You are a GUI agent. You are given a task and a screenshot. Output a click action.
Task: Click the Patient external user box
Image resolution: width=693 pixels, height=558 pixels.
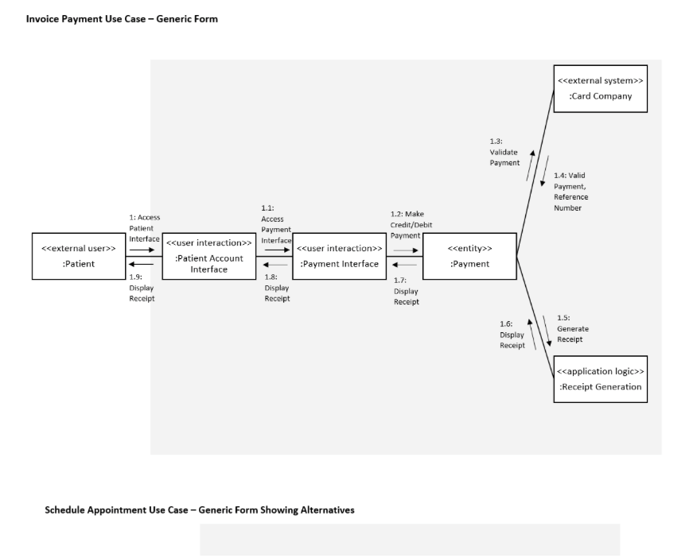tap(78, 256)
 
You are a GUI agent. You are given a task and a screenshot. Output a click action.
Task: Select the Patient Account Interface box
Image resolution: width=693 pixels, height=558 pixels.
tap(208, 256)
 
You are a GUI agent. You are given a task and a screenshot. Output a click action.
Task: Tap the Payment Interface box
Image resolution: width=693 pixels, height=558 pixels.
tap(339, 256)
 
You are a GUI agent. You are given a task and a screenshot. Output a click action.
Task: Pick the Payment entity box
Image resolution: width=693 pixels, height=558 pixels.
tap(469, 256)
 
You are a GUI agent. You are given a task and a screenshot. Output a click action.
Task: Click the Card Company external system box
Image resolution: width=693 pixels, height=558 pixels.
tap(600, 88)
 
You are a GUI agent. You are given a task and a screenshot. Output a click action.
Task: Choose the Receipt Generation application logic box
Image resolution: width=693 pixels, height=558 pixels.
tap(600, 379)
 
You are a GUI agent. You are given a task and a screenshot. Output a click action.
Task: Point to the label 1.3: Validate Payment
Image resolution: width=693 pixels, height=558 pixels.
tap(504, 152)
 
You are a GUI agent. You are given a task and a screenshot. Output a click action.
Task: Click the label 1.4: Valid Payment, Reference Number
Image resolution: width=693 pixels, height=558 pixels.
tap(570, 192)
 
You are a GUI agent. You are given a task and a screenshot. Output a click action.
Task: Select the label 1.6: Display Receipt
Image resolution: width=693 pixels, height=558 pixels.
tap(512, 335)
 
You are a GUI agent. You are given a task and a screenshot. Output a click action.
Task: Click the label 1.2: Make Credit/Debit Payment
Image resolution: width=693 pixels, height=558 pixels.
tap(411, 224)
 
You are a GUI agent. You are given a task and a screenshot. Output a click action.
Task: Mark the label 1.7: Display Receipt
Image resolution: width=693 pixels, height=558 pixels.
tap(406, 291)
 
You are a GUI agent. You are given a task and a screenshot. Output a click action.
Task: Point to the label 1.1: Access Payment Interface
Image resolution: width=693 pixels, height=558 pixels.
tap(276, 224)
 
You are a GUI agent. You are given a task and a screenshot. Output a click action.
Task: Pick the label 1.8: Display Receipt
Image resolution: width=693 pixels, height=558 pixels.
tap(277, 288)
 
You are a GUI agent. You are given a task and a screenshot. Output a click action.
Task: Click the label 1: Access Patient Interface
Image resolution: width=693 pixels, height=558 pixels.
tap(144, 227)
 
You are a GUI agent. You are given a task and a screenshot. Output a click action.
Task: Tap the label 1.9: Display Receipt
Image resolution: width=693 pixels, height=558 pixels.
tap(142, 288)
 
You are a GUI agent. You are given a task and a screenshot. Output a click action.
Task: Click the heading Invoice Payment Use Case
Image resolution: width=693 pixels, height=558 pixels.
tap(122, 19)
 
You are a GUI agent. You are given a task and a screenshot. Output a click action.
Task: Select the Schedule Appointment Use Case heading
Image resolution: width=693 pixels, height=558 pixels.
tap(199, 510)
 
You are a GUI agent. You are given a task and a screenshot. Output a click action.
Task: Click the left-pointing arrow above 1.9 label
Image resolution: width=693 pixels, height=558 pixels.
tap(142, 265)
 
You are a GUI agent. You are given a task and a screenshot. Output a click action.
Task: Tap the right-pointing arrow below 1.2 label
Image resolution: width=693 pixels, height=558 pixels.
tap(405, 249)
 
